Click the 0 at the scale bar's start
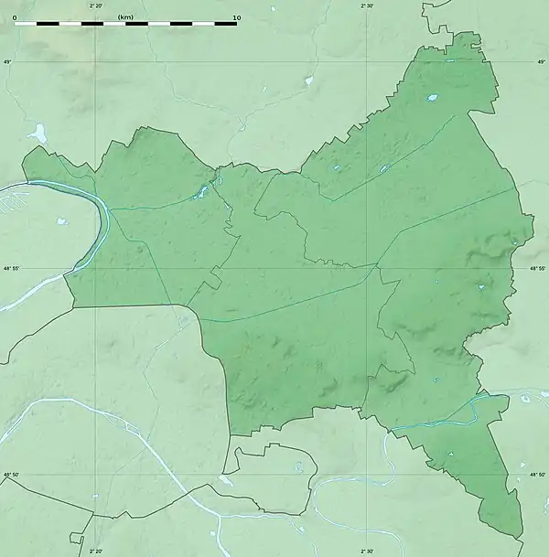[15, 16]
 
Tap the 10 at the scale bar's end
[236, 16]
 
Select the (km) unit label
[125, 16]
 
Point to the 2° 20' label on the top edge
[96, 5]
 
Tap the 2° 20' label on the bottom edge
[96, 551]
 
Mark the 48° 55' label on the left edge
[10, 268]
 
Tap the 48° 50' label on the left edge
[10, 474]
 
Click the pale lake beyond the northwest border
[38, 134]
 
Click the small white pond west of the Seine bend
[61, 220]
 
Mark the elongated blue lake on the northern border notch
[200, 192]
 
